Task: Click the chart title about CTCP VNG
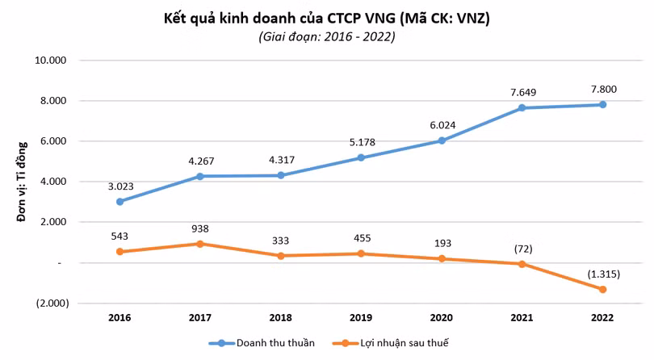click(x=326, y=17)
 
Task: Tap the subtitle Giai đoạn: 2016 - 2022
click(x=326, y=37)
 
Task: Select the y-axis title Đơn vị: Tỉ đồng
click(x=22, y=181)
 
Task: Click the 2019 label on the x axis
click(x=361, y=319)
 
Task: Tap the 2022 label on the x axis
click(x=602, y=319)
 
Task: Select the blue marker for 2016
click(x=119, y=202)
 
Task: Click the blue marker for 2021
click(x=522, y=108)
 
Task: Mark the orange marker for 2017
click(x=200, y=244)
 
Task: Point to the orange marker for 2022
click(x=602, y=289)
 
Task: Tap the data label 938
click(x=200, y=228)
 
